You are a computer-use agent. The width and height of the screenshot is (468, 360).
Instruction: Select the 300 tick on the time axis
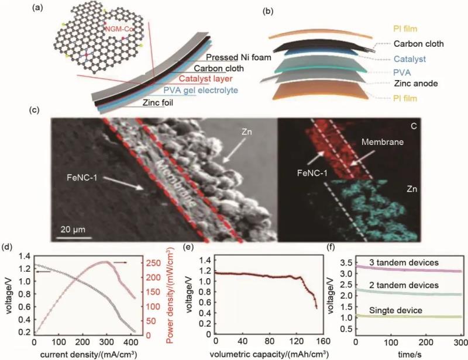click(460, 340)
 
